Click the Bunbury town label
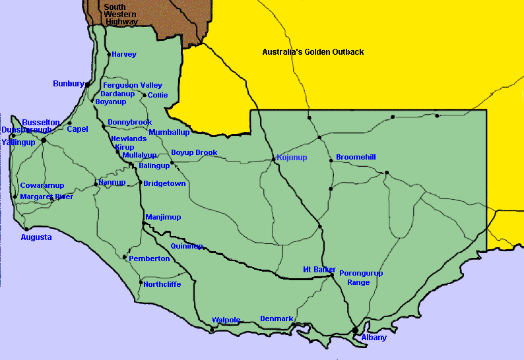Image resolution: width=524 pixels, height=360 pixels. point(68,84)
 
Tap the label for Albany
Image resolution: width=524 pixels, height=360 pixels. point(374,338)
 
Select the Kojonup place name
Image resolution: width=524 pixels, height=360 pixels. point(292,158)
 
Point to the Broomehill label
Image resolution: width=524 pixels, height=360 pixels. point(356,157)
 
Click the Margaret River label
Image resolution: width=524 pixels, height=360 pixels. point(46,196)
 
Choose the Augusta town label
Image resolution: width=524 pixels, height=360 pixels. point(36,237)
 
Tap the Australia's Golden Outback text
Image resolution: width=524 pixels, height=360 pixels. point(313,52)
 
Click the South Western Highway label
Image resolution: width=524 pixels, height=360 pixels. point(119,15)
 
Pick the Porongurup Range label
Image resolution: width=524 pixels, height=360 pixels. point(360,278)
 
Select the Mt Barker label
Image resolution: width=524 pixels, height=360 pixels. point(319,270)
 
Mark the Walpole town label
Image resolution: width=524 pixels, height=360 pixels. point(226,320)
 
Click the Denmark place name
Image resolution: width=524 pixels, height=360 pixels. point(277,319)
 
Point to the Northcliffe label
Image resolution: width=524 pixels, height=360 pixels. point(162,284)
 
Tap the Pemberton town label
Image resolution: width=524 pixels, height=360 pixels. point(149,258)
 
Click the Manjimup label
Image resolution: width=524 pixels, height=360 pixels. point(163,217)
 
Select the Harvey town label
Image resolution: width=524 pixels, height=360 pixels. point(124,54)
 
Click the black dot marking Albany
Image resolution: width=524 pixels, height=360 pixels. point(355,330)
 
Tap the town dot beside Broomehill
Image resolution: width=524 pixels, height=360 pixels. point(331,160)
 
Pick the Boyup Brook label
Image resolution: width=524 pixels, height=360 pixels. point(194,153)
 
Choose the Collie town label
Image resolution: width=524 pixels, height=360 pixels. point(158,95)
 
